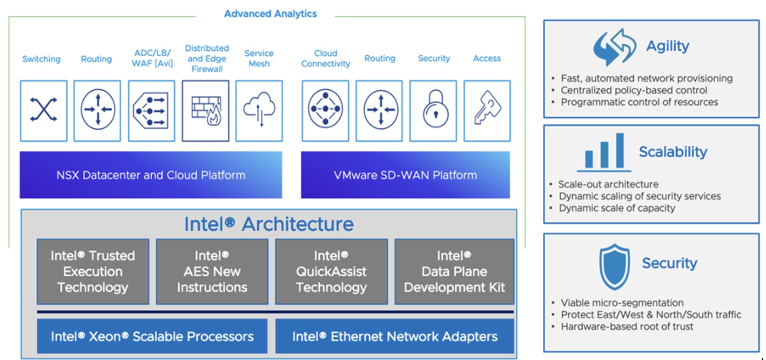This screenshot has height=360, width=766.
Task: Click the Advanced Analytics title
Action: (x=270, y=13)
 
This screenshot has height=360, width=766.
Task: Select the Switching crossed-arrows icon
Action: (x=43, y=109)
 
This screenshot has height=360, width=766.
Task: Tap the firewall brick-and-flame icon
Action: (x=207, y=110)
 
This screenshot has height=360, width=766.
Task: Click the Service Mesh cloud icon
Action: (x=259, y=109)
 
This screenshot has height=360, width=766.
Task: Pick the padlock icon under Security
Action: (x=435, y=108)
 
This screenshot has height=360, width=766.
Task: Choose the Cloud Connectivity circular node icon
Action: (x=325, y=109)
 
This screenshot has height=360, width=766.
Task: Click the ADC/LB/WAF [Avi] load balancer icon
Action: (x=150, y=111)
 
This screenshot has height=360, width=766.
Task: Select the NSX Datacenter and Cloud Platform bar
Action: (x=151, y=175)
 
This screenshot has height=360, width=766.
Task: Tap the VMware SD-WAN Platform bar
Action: (x=405, y=175)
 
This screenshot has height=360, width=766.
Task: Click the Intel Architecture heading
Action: (x=269, y=224)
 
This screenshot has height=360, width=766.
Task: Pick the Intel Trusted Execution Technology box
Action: (x=93, y=272)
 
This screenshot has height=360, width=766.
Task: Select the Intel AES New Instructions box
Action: (x=212, y=272)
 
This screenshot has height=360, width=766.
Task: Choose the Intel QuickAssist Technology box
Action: (x=331, y=272)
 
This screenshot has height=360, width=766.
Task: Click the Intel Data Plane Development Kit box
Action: (x=454, y=272)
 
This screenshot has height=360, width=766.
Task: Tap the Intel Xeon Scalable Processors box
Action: (x=152, y=336)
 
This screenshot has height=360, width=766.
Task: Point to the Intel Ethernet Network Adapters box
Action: (x=395, y=336)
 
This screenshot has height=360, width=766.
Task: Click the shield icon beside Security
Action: (x=614, y=267)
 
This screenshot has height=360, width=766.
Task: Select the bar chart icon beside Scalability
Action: (x=604, y=153)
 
